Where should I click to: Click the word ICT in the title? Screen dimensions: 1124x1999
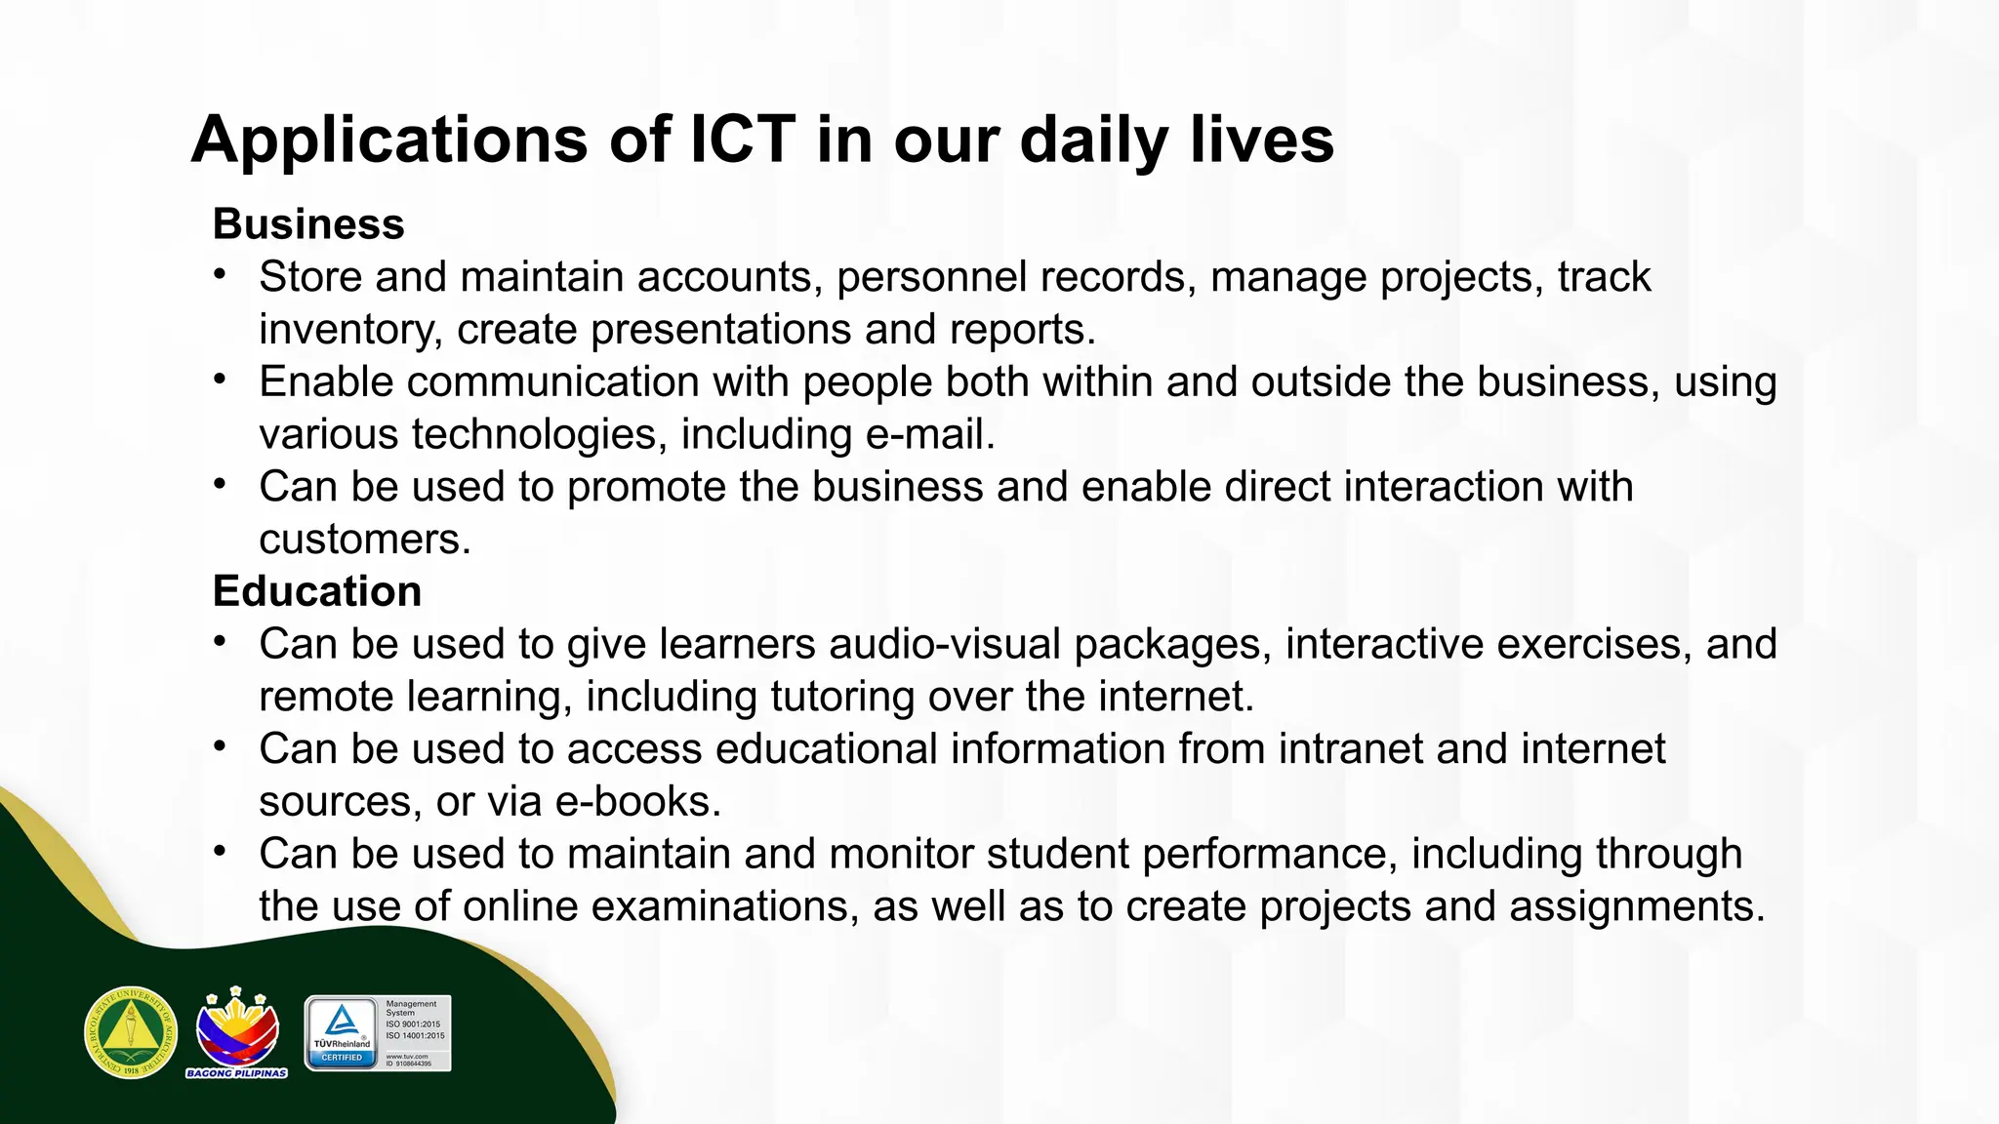pos(743,140)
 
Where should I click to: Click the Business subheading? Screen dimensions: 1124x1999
pos(308,224)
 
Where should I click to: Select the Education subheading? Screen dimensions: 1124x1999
pos(317,591)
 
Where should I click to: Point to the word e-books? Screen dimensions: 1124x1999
pos(637,802)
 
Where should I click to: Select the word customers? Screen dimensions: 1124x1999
pos(364,540)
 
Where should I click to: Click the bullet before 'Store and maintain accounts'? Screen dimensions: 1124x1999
pos(222,274)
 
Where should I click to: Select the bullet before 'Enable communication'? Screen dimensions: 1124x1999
pos(222,379)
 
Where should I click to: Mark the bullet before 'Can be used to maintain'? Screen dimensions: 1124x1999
pos(222,851)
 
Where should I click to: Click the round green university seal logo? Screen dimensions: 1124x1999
pos(131,1032)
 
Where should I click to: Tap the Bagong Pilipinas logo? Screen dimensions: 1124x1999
pos(237,1032)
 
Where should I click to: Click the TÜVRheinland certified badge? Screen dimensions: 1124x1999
pos(378,1033)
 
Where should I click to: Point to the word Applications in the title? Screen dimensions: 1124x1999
pos(388,140)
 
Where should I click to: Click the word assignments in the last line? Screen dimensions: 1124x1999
pos(1637,906)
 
